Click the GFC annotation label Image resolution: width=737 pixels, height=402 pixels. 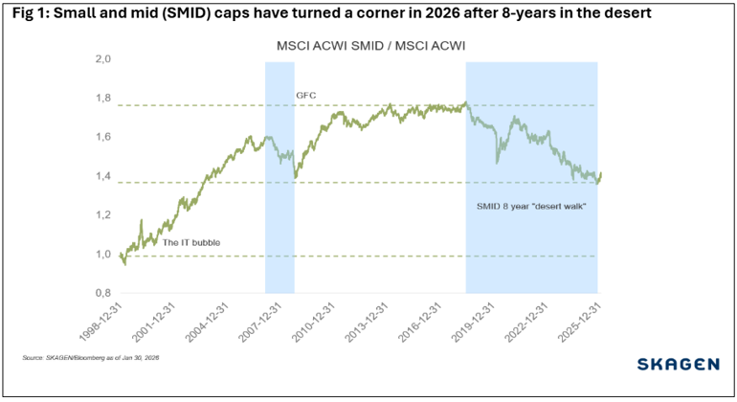tap(305, 96)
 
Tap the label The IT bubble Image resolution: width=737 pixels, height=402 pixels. tap(190, 243)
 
